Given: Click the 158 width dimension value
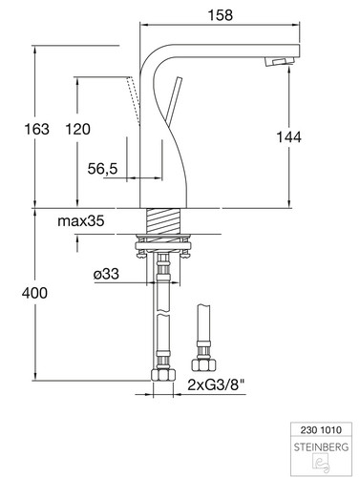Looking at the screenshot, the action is (221, 15).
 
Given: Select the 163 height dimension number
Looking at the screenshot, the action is (37, 129).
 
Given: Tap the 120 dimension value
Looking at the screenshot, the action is (77, 129).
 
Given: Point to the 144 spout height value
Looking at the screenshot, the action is (288, 137).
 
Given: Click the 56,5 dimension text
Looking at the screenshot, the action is (102, 168).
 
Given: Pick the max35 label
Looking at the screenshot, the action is (81, 220).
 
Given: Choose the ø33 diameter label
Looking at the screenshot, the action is (106, 274).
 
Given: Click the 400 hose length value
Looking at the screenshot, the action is (34, 293).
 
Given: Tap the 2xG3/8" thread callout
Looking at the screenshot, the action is (216, 385).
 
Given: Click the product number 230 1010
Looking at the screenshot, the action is (321, 430).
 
